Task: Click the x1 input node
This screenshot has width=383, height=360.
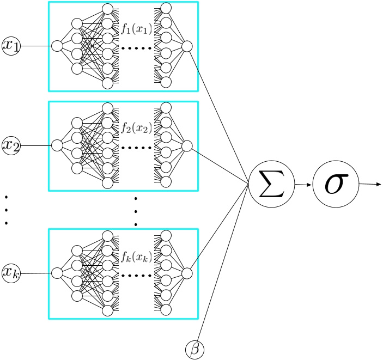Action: (11, 46)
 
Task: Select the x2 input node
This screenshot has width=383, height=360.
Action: (11, 145)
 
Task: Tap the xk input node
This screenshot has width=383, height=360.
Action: (11, 272)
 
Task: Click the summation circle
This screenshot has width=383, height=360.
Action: (271, 185)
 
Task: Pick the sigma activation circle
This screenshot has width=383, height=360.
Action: (336, 184)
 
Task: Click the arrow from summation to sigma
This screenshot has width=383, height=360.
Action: (303, 185)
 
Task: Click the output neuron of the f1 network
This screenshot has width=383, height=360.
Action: (186, 46)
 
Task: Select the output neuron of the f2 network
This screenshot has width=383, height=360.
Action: (186, 145)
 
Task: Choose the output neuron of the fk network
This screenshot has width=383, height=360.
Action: (186, 272)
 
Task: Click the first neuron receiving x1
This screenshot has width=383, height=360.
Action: (57, 46)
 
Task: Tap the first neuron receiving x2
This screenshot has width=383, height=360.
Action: (57, 145)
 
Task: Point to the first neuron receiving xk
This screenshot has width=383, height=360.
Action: (57, 272)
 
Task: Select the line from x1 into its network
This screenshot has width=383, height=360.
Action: (35, 46)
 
